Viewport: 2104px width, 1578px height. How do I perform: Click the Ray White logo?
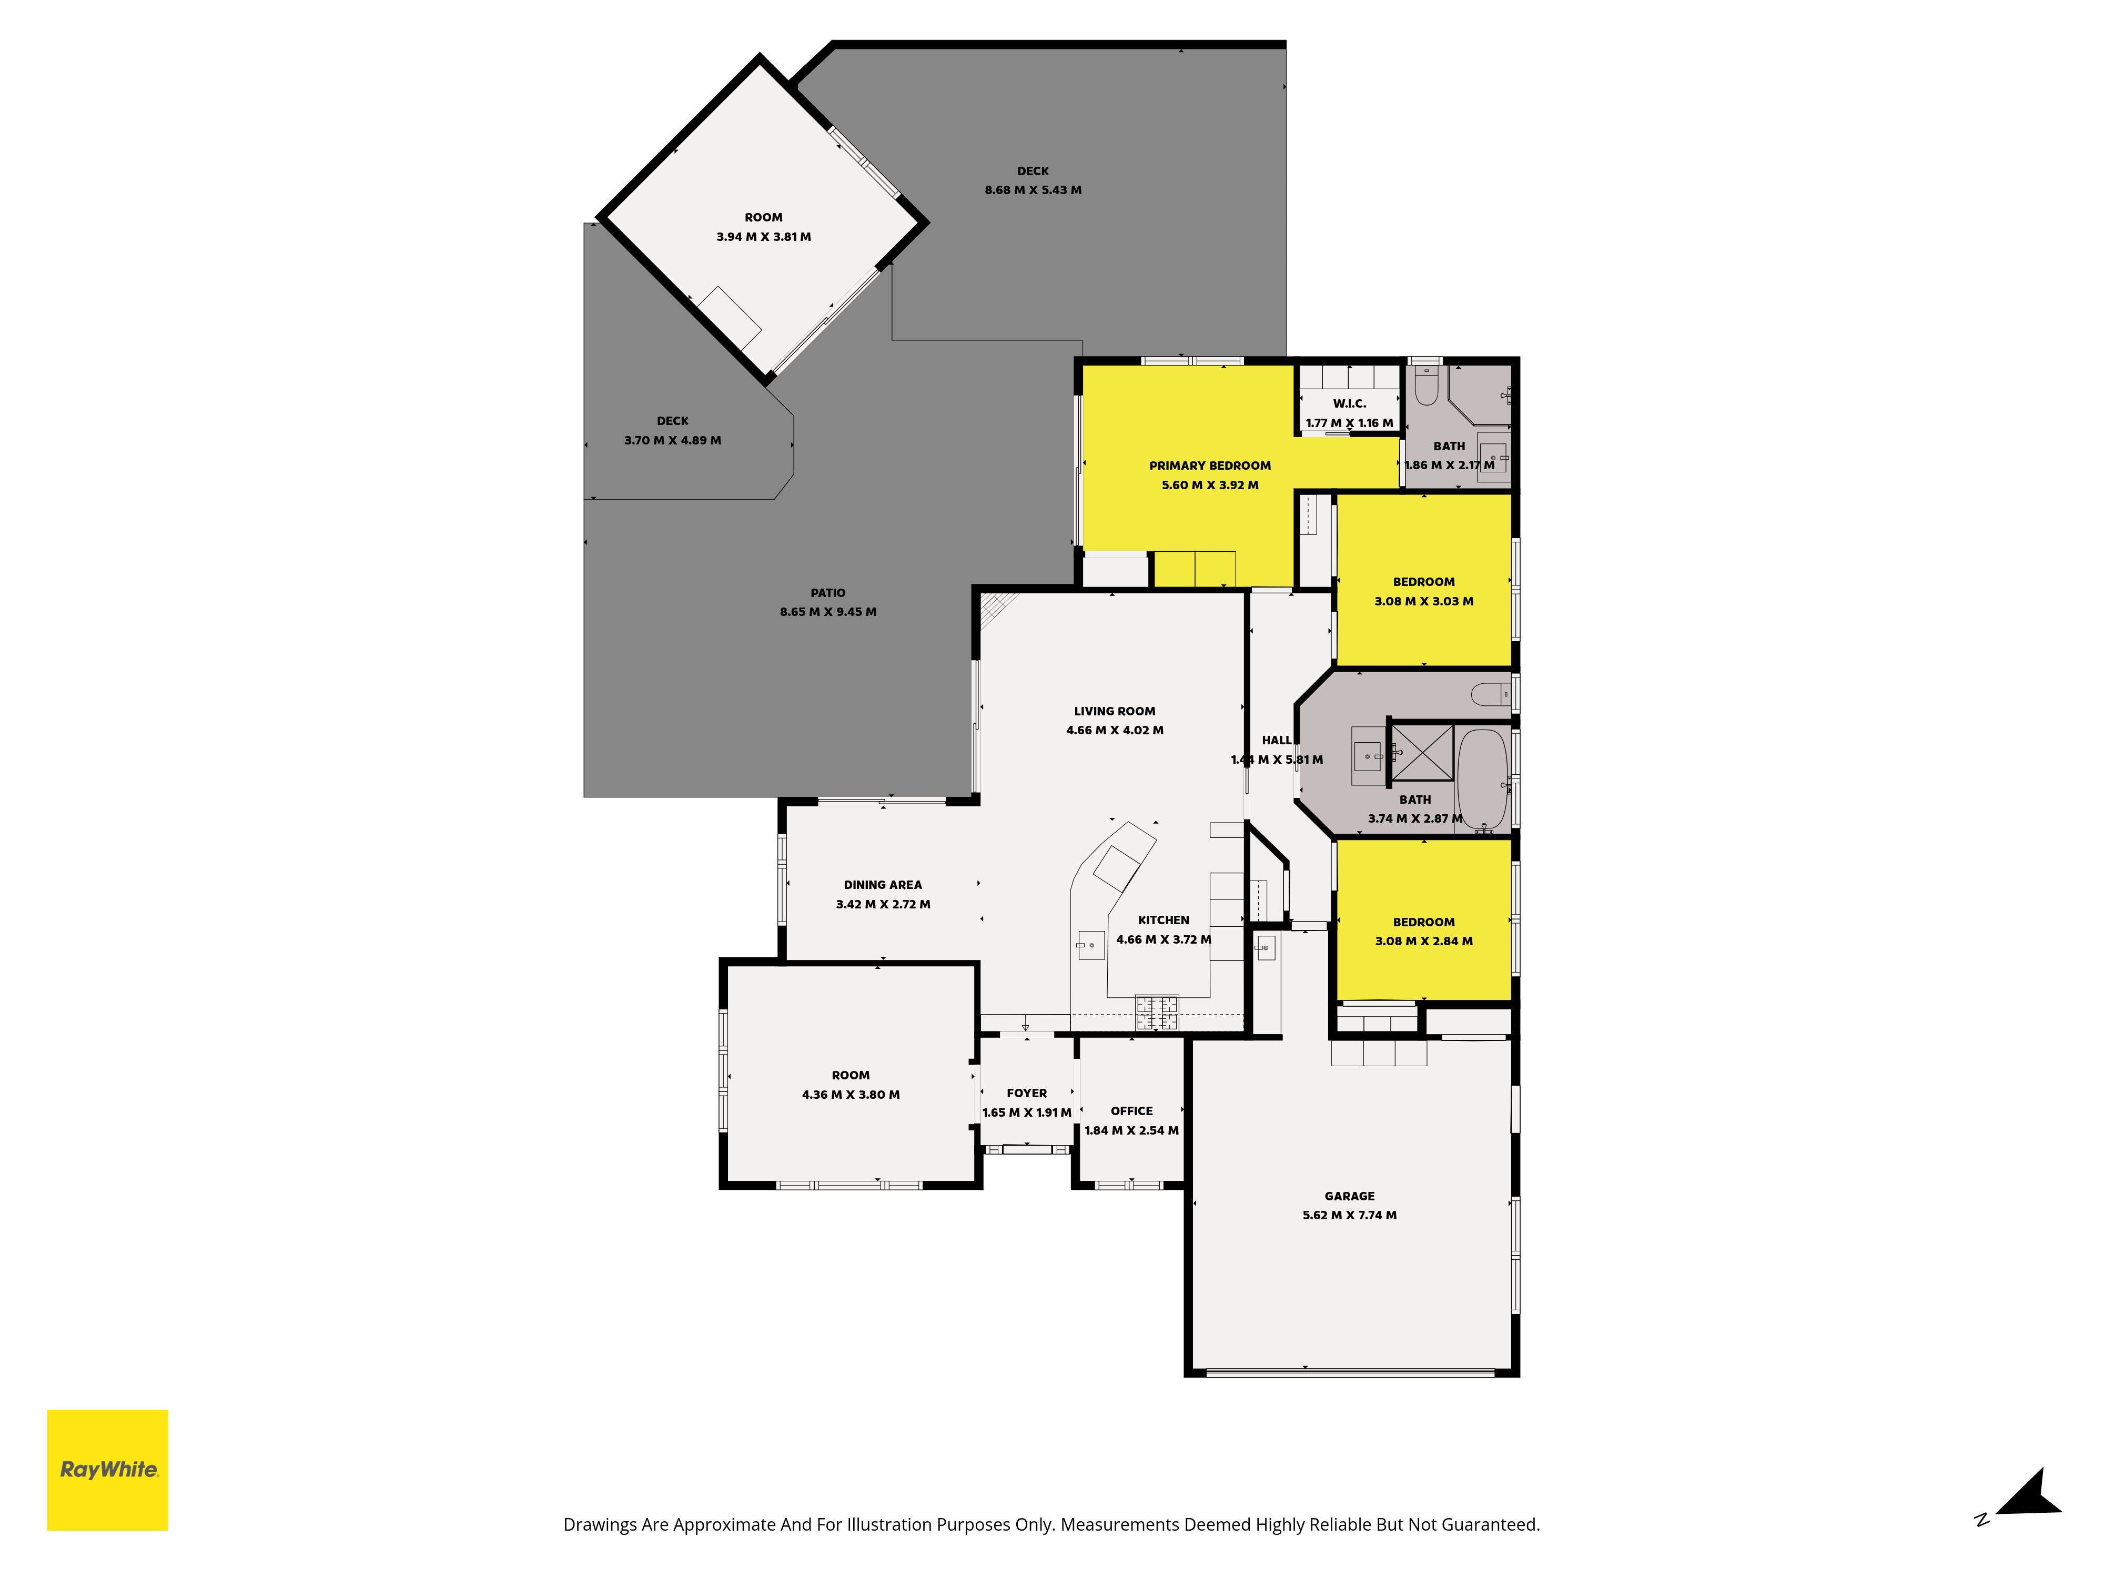click(107, 1470)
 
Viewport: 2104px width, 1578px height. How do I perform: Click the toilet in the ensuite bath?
click(1426, 385)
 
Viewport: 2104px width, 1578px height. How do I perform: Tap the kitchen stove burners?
click(1157, 1012)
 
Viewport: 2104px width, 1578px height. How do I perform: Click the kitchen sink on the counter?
click(1091, 945)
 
